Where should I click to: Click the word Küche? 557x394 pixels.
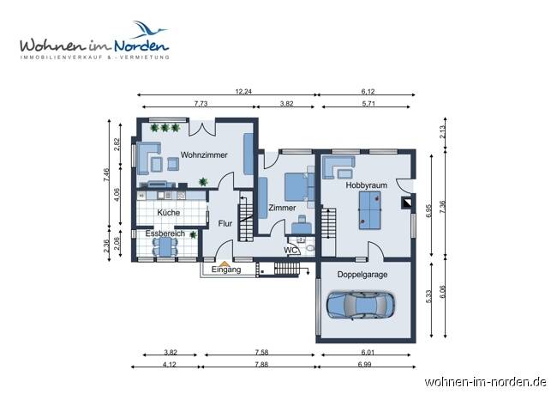169,212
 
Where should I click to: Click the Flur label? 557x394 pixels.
225,223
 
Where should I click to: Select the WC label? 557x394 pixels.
291,251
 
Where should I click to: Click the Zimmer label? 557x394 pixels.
282,207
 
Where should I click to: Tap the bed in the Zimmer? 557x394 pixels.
295,184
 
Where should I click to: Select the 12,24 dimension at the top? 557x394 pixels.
243,91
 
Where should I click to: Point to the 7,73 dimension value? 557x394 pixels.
201,103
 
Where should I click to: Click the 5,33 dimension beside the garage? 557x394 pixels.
428,297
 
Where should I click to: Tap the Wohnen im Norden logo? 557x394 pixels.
94,40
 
